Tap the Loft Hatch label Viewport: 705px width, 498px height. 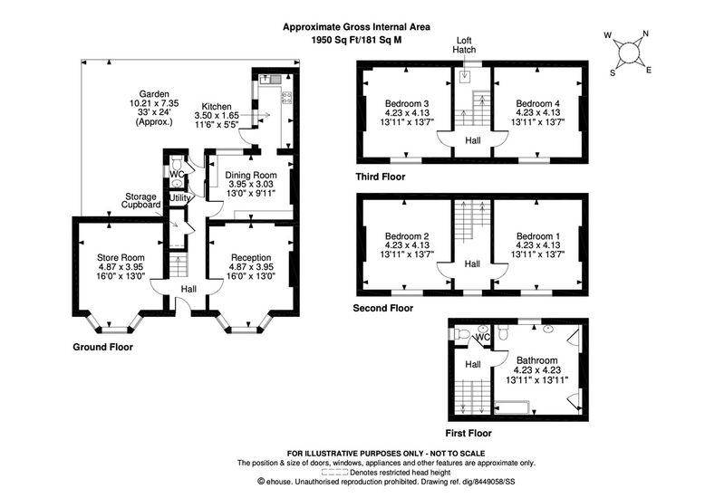(464, 45)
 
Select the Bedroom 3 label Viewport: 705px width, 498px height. (407, 102)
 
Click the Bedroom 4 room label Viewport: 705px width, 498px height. (537, 102)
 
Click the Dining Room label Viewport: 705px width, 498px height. (250, 176)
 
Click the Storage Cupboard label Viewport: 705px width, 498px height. (142, 199)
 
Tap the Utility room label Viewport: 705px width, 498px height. (179, 197)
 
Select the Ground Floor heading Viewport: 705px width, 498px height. (102, 347)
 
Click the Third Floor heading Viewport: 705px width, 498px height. (381, 177)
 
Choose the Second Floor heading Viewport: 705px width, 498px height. (382, 308)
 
